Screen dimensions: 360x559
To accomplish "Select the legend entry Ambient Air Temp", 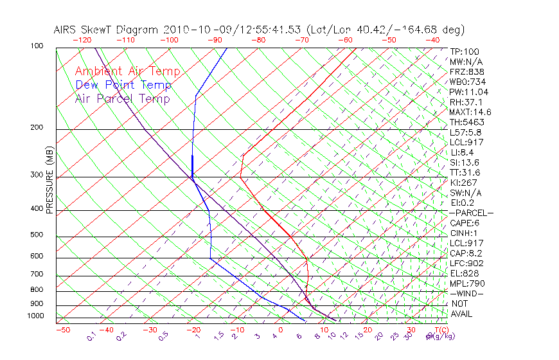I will (128, 71).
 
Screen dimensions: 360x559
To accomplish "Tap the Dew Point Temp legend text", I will (123, 85).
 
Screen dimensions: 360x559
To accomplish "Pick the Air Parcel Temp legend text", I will (123, 98).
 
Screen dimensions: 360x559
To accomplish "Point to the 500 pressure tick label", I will (37, 235).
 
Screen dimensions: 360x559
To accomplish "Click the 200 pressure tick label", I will (37, 128).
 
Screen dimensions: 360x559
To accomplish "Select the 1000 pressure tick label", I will (35, 316).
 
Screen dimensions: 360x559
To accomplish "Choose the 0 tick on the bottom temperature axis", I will (280, 330).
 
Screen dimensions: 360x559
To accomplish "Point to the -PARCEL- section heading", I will (472, 213).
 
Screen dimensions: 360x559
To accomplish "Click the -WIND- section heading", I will (467, 293).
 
